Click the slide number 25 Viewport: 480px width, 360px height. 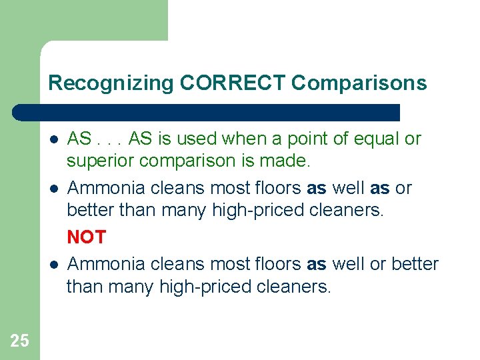pyautogui.click(x=19, y=341)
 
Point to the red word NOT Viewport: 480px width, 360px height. pyautogui.click(x=86, y=237)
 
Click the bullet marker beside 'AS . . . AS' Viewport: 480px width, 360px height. pyautogui.click(x=53, y=139)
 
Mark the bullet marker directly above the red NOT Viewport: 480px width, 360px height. pyautogui.click(x=53, y=189)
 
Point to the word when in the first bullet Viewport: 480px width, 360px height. pyautogui.click(x=244, y=139)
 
